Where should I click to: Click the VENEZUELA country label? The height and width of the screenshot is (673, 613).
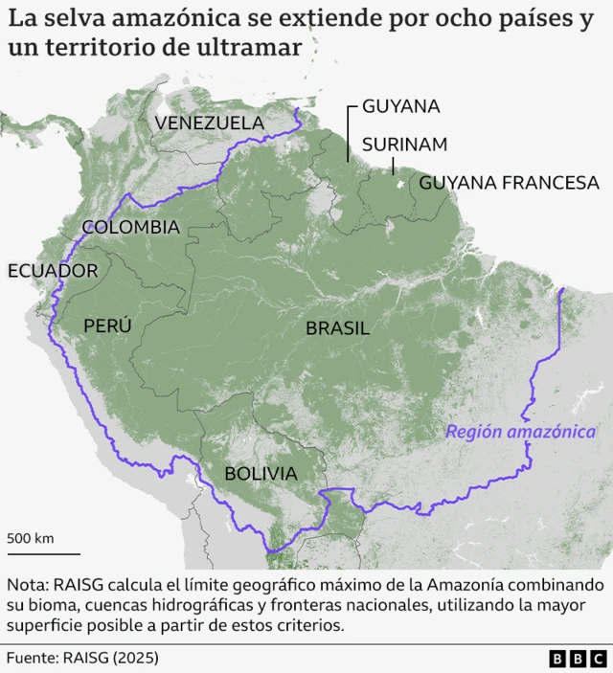(x=209, y=123)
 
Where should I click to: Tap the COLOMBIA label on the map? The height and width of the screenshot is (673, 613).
(x=130, y=227)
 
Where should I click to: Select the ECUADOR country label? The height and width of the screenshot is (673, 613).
(x=52, y=271)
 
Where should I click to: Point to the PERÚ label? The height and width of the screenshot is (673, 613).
(x=107, y=325)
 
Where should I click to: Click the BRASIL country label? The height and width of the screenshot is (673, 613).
(x=337, y=328)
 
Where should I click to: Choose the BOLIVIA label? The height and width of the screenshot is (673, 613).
(x=260, y=473)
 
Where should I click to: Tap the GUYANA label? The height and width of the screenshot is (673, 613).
(x=400, y=106)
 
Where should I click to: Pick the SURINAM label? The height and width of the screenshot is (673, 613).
(x=404, y=145)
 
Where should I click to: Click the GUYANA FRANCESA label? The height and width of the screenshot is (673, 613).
(x=509, y=182)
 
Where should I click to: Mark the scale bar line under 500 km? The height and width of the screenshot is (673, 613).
(x=44, y=552)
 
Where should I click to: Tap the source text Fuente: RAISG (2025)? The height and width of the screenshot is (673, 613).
(x=82, y=659)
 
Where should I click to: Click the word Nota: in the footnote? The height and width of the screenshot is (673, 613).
(x=28, y=584)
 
